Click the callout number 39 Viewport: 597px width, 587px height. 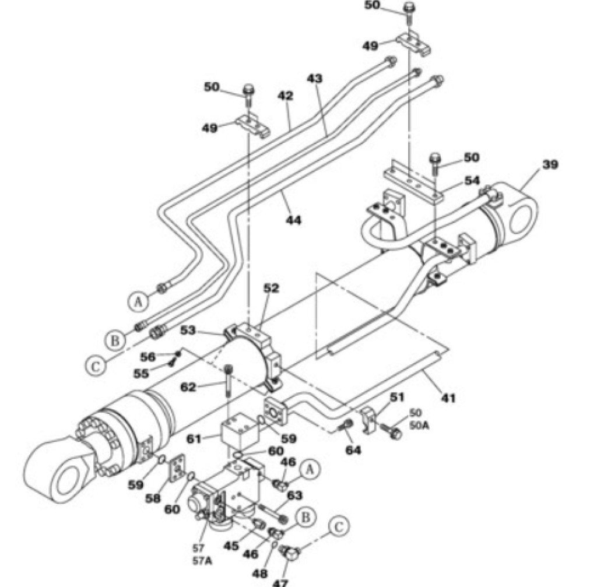(x=550, y=165)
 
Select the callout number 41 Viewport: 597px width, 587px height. (x=448, y=398)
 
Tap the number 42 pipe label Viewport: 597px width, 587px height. (x=285, y=96)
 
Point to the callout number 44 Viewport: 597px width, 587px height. (x=294, y=220)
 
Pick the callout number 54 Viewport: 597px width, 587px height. (x=472, y=181)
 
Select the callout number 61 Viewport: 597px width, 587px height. (x=194, y=439)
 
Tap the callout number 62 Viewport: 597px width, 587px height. (x=188, y=387)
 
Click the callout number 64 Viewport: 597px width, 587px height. (x=353, y=450)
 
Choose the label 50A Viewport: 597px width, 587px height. (x=420, y=425)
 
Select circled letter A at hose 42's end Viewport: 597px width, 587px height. (x=138, y=301)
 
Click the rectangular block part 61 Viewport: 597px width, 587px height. (x=240, y=430)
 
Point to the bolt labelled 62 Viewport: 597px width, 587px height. (x=228, y=381)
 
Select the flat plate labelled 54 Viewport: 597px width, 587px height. (x=413, y=182)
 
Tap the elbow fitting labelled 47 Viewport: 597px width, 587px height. (x=290, y=554)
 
